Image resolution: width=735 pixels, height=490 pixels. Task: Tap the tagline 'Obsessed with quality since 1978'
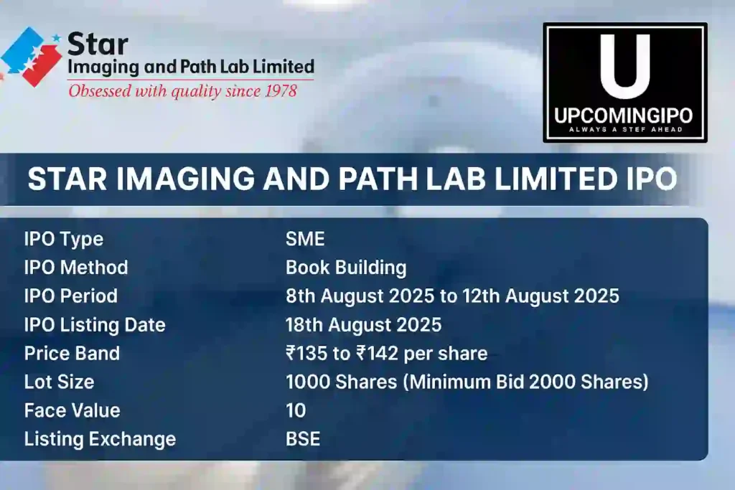click(182, 91)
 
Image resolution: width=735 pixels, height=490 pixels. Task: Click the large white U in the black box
click(624, 66)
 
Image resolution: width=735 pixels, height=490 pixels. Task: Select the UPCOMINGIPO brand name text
click(624, 117)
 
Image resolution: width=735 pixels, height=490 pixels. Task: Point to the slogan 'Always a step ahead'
click(624, 130)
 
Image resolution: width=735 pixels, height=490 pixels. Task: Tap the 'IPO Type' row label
click(64, 239)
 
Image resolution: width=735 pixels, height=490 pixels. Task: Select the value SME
click(305, 239)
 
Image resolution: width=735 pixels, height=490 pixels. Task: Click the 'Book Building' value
click(346, 268)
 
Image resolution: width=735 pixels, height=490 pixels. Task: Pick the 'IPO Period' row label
click(70, 296)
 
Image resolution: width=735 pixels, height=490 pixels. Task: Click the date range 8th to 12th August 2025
click(452, 296)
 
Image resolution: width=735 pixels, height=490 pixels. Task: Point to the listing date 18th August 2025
click(363, 325)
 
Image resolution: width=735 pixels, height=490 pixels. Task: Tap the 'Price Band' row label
click(72, 354)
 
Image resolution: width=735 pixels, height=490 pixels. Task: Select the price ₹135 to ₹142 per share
click(386, 354)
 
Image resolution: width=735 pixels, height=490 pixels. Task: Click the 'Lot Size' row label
click(59, 382)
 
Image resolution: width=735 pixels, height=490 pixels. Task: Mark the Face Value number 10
click(296, 411)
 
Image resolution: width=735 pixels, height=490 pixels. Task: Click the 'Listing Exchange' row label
click(100, 439)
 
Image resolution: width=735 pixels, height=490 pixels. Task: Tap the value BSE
click(303, 439)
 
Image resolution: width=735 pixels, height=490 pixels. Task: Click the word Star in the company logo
click(98, 44)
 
